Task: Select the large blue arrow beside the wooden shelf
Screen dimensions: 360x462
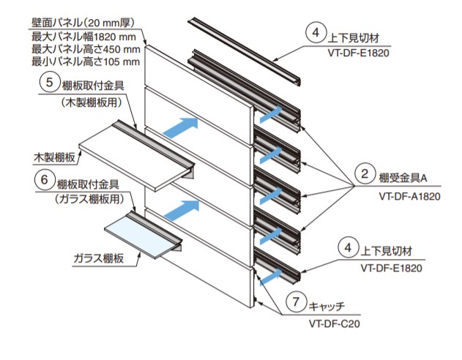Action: tap(179, 126)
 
